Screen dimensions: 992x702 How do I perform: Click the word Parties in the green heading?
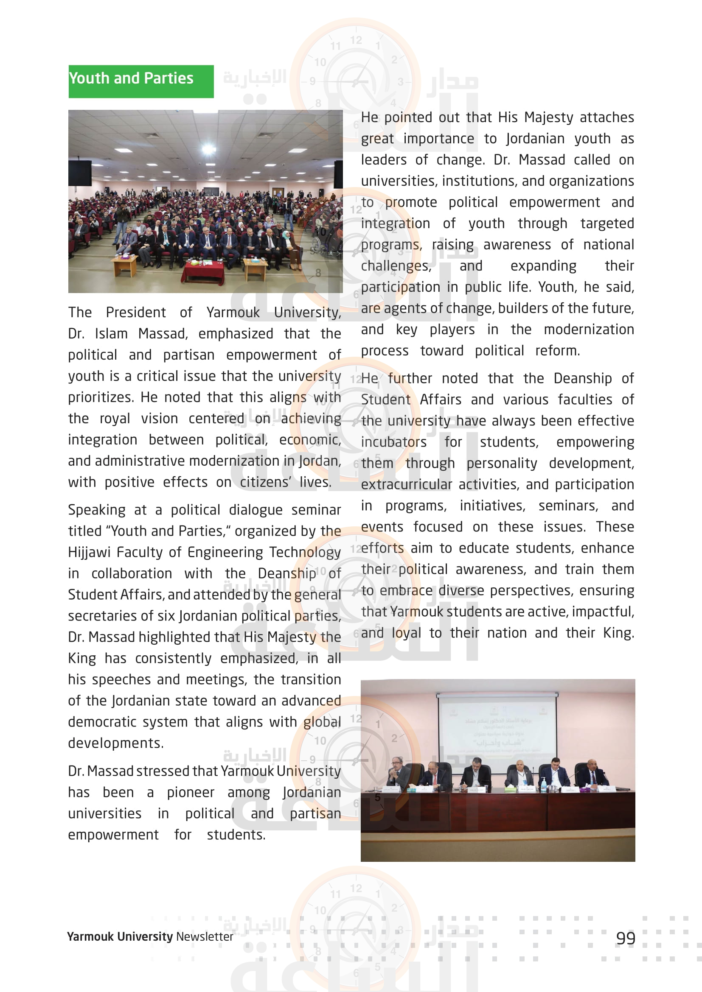[168, 78]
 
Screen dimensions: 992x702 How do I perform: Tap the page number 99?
[626, 938]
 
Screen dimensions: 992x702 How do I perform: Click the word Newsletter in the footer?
[205, 936]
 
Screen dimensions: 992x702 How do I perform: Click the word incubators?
[393, 442]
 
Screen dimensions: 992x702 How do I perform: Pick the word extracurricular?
[406, 485]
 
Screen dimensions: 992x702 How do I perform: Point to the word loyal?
[406, 633]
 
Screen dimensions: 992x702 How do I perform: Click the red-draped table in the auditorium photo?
[203, 271]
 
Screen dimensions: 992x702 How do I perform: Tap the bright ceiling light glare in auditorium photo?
[209, 149]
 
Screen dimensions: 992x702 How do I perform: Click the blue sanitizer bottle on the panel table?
[543, 785]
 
